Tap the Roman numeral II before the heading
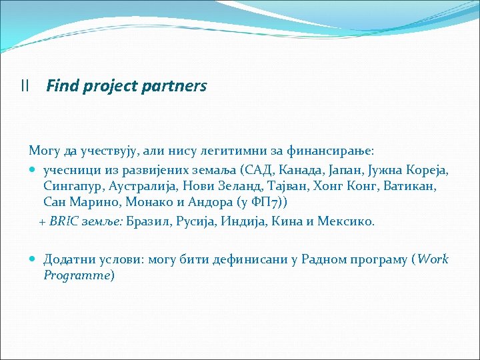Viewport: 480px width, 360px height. (25, 86)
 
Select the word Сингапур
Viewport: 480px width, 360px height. (71, 186)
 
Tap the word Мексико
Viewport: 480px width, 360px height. (345, 221)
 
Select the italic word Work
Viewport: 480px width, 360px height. (433, 259)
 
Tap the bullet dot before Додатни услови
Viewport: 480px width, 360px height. (34, 259)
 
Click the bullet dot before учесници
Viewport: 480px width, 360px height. (34, 169)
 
